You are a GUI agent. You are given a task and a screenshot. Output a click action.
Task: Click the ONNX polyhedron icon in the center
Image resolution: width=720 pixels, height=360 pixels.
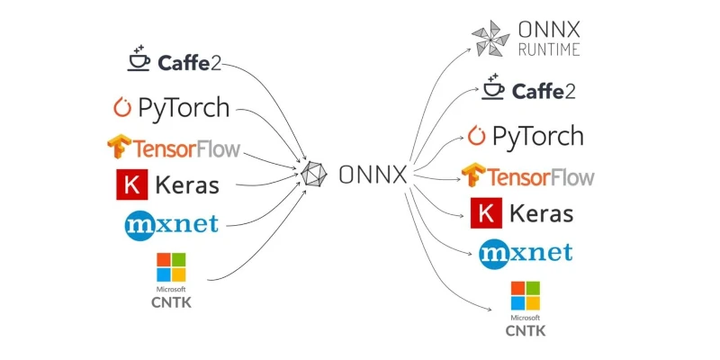tap(314, 174)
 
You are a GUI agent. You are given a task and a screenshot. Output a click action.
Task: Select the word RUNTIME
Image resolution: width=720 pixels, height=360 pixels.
tap(548, 49)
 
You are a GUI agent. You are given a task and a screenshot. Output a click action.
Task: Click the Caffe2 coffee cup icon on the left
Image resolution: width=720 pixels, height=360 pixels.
tap(139, 59)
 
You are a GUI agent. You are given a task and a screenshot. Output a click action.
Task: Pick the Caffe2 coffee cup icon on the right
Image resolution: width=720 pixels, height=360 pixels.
tap(494, 87)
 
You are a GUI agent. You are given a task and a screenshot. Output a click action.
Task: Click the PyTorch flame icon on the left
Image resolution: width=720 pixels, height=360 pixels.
tap(122, 108)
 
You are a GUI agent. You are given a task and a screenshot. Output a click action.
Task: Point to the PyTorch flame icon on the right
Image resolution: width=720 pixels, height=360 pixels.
tap(477, 136)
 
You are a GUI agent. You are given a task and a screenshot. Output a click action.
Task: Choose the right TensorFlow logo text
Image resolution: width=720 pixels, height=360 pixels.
tap(541, 175)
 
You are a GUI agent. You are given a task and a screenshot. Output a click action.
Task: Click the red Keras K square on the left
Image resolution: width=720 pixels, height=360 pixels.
tap(131, 184)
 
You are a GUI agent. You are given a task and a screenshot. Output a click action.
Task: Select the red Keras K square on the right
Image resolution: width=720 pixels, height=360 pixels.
tap(485, 213)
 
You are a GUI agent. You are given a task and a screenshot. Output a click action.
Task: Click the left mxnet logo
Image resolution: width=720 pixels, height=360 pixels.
tap(171, 223)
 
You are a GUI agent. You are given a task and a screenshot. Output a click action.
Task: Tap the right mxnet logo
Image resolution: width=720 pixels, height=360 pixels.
tap(526, 252)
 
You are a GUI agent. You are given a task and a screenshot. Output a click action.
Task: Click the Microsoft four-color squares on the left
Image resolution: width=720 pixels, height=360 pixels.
tap(171, 267)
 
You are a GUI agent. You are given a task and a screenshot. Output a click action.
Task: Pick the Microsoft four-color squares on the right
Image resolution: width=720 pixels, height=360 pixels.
tap(526, 296)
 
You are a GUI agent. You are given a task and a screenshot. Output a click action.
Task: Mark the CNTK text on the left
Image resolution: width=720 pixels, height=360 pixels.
tap(171, 302)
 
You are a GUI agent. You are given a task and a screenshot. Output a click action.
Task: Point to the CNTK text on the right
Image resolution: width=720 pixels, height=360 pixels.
tap(526, 331)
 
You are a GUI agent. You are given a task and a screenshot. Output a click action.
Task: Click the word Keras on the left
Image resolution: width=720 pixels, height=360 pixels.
tap(187, 185)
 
